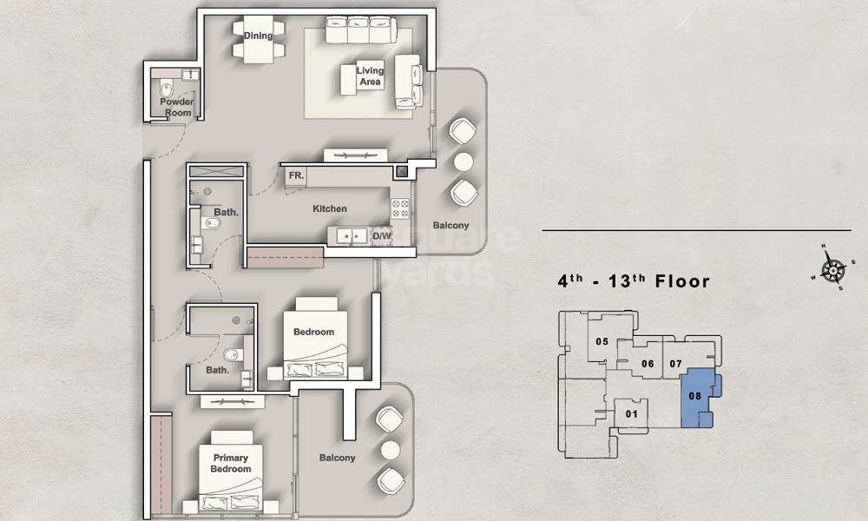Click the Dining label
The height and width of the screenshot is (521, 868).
point(258,36)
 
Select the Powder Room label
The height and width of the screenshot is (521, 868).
point(176,107)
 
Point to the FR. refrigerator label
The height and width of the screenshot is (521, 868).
point(296,175)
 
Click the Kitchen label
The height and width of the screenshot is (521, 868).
point(330,208)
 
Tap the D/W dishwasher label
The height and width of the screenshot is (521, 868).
point(382,235)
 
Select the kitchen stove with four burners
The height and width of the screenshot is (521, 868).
point(400,208)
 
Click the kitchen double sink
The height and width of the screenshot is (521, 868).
point(351,235)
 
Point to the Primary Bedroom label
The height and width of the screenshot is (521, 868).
point(230,464)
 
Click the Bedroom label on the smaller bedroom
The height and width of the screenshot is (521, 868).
point(313,332)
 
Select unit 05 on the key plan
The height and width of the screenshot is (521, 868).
point(602,341)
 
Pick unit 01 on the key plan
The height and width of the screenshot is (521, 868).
point(631,413)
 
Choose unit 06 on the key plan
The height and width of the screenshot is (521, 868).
point(647,363)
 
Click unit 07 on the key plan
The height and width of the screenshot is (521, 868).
point(677,363)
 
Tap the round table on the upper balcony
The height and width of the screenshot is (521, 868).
point(463,161)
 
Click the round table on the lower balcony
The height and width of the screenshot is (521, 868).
point(390,448)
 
